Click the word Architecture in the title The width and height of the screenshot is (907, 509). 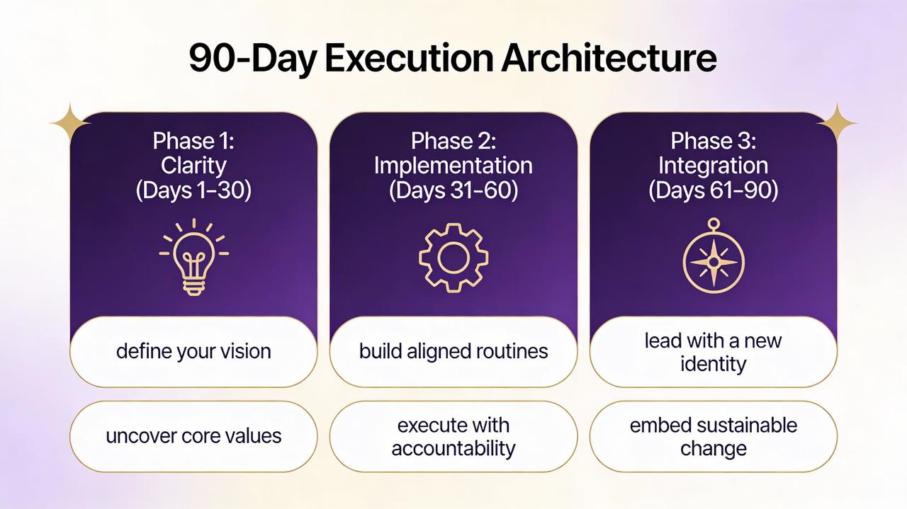[609, 59]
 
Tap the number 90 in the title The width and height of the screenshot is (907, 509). [210, 59]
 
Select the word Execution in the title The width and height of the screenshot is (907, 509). [409, 59]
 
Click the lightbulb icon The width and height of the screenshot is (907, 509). [194, 258]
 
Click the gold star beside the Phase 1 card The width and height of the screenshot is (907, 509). [70, 123]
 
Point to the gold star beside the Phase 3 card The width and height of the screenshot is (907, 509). [837, 123]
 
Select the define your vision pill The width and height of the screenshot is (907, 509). [193, 352]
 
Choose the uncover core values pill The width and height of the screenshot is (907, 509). [193, 437]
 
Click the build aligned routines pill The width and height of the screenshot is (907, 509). [453, 352]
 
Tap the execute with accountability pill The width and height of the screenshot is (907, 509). [453, 437]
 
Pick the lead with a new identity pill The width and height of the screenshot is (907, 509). [714, 352]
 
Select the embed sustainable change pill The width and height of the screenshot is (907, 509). [714, 437]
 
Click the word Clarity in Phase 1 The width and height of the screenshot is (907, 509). [193, 166]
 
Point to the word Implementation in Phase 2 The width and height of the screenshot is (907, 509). [453, 166]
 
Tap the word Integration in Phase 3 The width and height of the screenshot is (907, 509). [714, 166]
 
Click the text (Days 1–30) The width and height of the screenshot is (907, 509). [193, 190]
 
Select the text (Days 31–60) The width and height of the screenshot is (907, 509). [453, 190]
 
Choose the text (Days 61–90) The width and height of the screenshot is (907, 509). [714, 190]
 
